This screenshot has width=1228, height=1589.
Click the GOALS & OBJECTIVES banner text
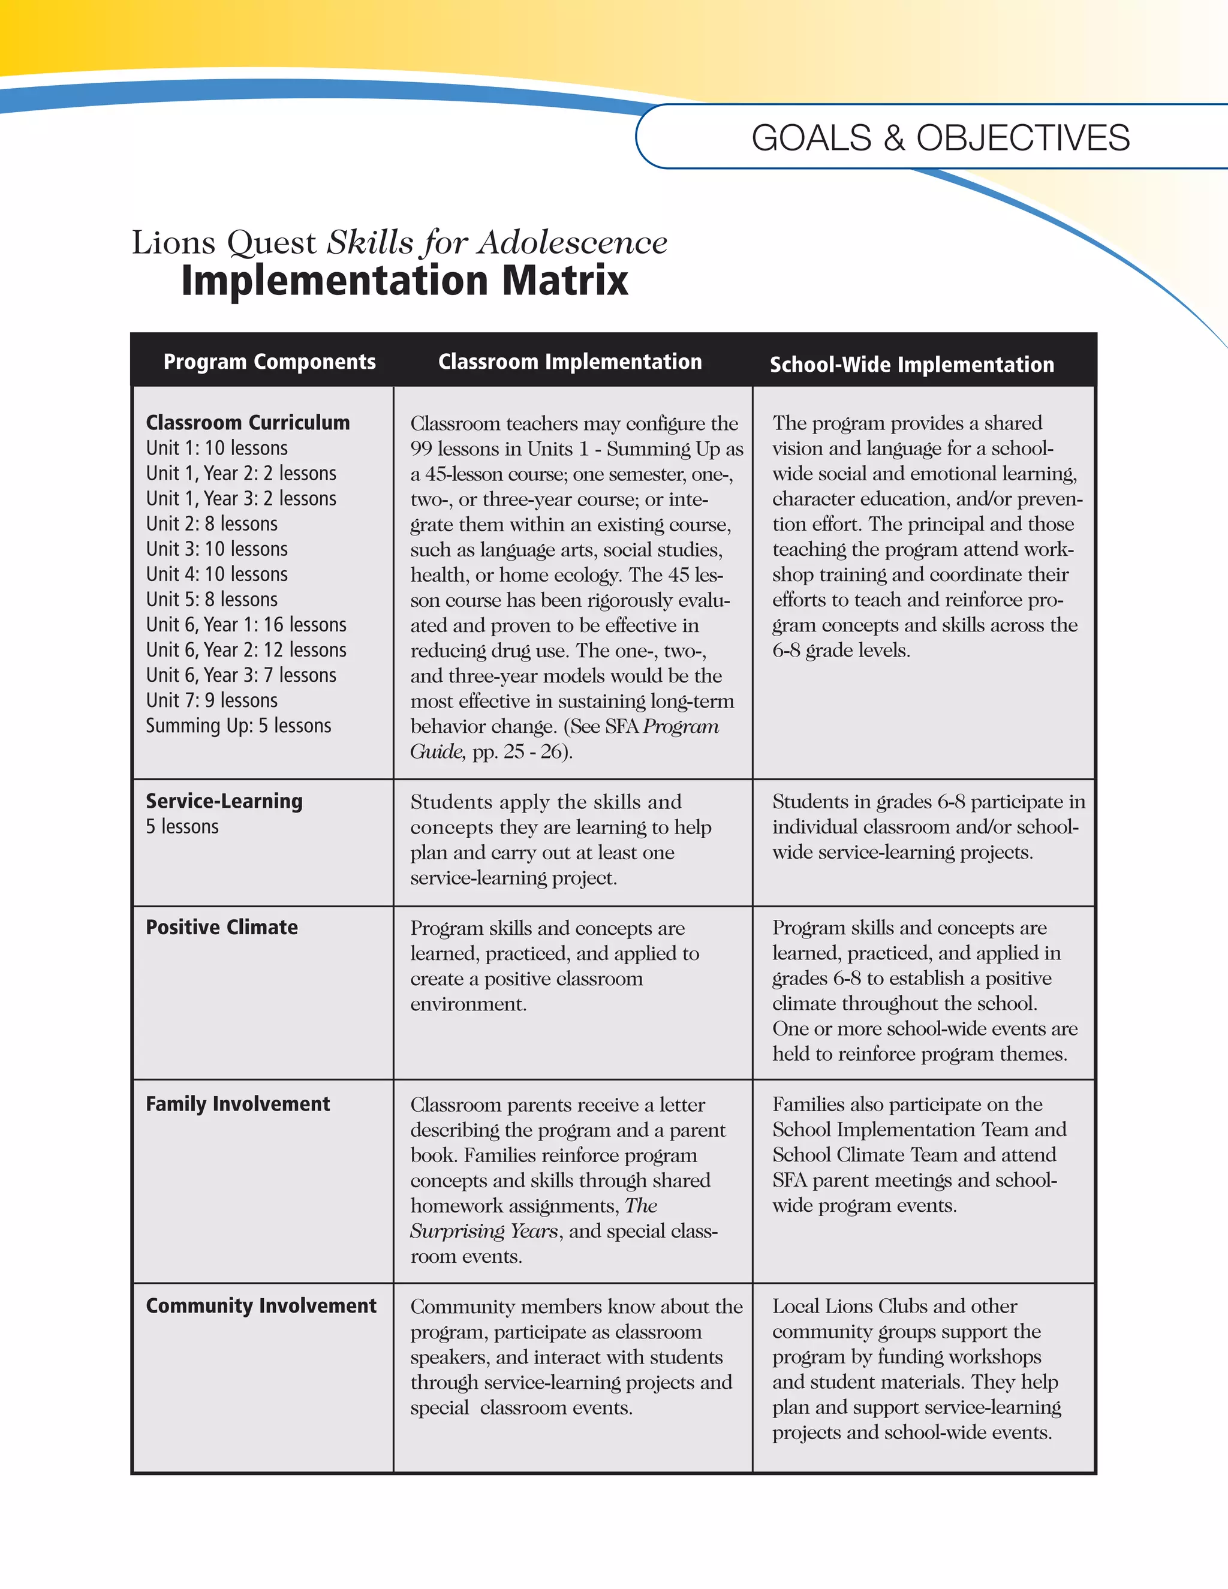940,139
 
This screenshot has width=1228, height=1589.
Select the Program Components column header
269,362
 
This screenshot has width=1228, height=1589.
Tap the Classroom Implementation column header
570,362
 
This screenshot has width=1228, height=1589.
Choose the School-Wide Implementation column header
911,365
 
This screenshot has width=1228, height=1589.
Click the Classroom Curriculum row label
248,423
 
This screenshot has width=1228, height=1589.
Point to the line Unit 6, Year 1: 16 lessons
246,625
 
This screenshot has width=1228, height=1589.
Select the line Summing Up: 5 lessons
238,726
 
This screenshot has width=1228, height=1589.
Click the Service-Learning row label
224,801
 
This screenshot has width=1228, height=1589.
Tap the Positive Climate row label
222,928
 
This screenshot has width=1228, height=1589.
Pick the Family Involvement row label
237,1105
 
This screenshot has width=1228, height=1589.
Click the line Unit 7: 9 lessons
212,700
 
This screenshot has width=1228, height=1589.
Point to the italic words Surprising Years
484,1231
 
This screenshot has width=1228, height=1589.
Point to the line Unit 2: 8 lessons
212,524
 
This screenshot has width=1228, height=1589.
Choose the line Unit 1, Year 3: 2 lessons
241,499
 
